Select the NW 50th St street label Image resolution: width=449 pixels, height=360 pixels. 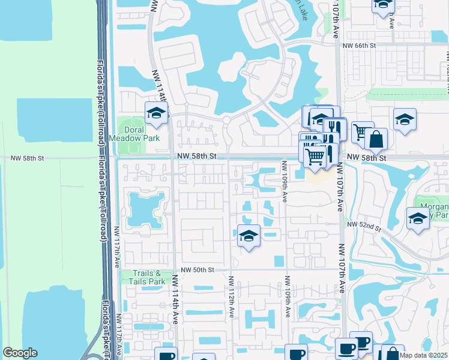click(x=196, y=270)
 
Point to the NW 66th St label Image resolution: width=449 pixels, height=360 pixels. click(x=359, y=45)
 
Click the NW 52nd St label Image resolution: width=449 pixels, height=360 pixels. click(x=367, y=227)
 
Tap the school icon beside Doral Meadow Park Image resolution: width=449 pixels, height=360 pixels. click(x=156, y=113)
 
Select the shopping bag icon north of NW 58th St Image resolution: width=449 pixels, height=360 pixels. click(x=376, y=140)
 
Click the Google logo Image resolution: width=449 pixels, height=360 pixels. click(x=20, y=353)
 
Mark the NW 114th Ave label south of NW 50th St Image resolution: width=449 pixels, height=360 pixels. click(x=175, y=299)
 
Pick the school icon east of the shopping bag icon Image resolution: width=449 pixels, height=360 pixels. click(x=405, y=119)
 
